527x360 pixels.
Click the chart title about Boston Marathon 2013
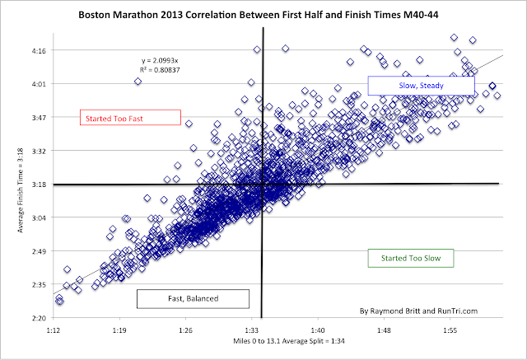(263, 15)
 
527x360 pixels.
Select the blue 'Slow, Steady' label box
(421, 85)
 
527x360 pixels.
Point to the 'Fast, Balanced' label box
(180, 297)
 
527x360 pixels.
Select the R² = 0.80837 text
(161, 71)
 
